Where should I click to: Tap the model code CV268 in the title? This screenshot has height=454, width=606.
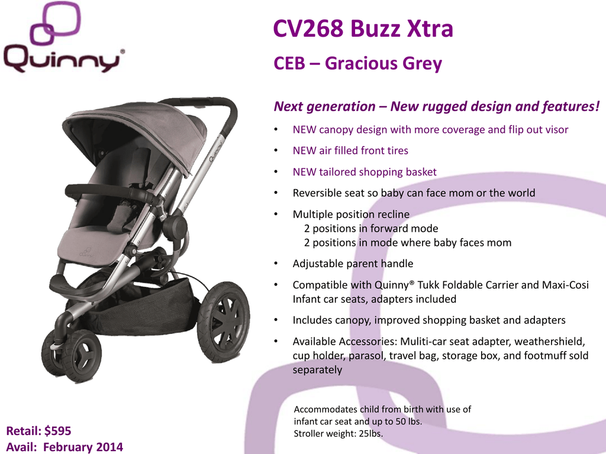click(308, 28)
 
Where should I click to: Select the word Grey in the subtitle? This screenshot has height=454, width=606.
click(422, 64)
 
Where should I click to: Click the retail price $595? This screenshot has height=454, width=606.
click(57, 431)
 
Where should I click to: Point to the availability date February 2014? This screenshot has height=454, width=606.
click(83, 447)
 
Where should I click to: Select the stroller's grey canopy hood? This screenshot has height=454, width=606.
click(136, 131)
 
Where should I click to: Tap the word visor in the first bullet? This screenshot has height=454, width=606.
click(555, 129)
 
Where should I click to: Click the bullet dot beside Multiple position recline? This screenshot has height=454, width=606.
click(276, 214)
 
